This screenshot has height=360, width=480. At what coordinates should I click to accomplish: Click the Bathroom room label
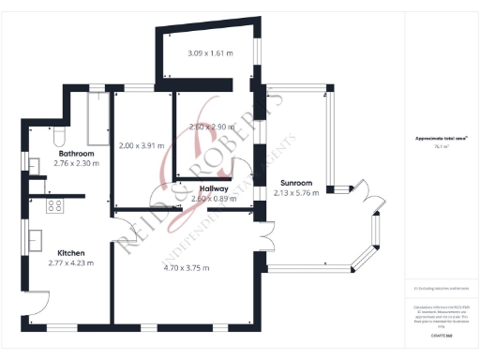click(x=76, y=153)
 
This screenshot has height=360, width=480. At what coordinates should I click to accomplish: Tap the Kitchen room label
click(x=72, y=253)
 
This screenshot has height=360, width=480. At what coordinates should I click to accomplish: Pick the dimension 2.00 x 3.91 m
click(x=142, y=145)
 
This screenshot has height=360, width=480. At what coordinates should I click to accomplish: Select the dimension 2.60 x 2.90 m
click(x=210, y=126)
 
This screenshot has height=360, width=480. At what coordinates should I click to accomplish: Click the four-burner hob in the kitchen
click(x=54, y=205)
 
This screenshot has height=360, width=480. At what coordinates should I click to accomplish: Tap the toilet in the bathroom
click(x=58, y=139)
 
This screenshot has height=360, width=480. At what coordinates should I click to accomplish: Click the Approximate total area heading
click(x=440, y=138)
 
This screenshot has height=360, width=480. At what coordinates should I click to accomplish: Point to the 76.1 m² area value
click(x=440, y=146)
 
